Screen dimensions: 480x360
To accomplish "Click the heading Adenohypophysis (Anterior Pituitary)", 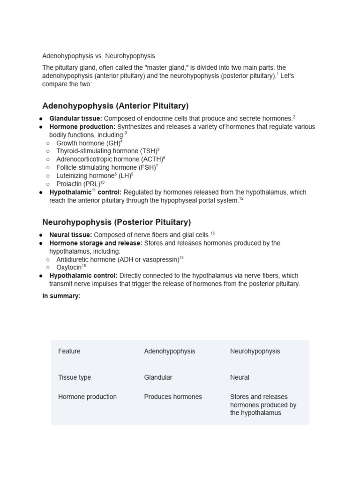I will click(115, 106).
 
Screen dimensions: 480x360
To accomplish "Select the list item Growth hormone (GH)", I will click(88, 143).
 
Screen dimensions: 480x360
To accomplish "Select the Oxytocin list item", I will click(69, 267).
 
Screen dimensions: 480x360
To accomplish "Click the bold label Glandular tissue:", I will click(75, 119).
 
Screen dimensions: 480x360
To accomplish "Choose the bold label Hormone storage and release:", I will click(96, 243).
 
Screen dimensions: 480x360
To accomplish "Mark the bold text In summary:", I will click(61, 296).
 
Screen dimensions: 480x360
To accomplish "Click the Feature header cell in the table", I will click(69, 351).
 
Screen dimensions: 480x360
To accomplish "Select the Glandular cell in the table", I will click(158, 377).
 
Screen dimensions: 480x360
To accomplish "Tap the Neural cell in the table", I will click(240, 377).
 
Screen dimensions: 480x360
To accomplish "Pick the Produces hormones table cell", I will click(173, 397).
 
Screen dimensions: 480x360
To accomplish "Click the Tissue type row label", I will click(75, 377).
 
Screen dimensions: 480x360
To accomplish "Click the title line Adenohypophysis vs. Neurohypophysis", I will click(98, 56).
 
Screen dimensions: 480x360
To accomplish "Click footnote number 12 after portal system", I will click(241, 199).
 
